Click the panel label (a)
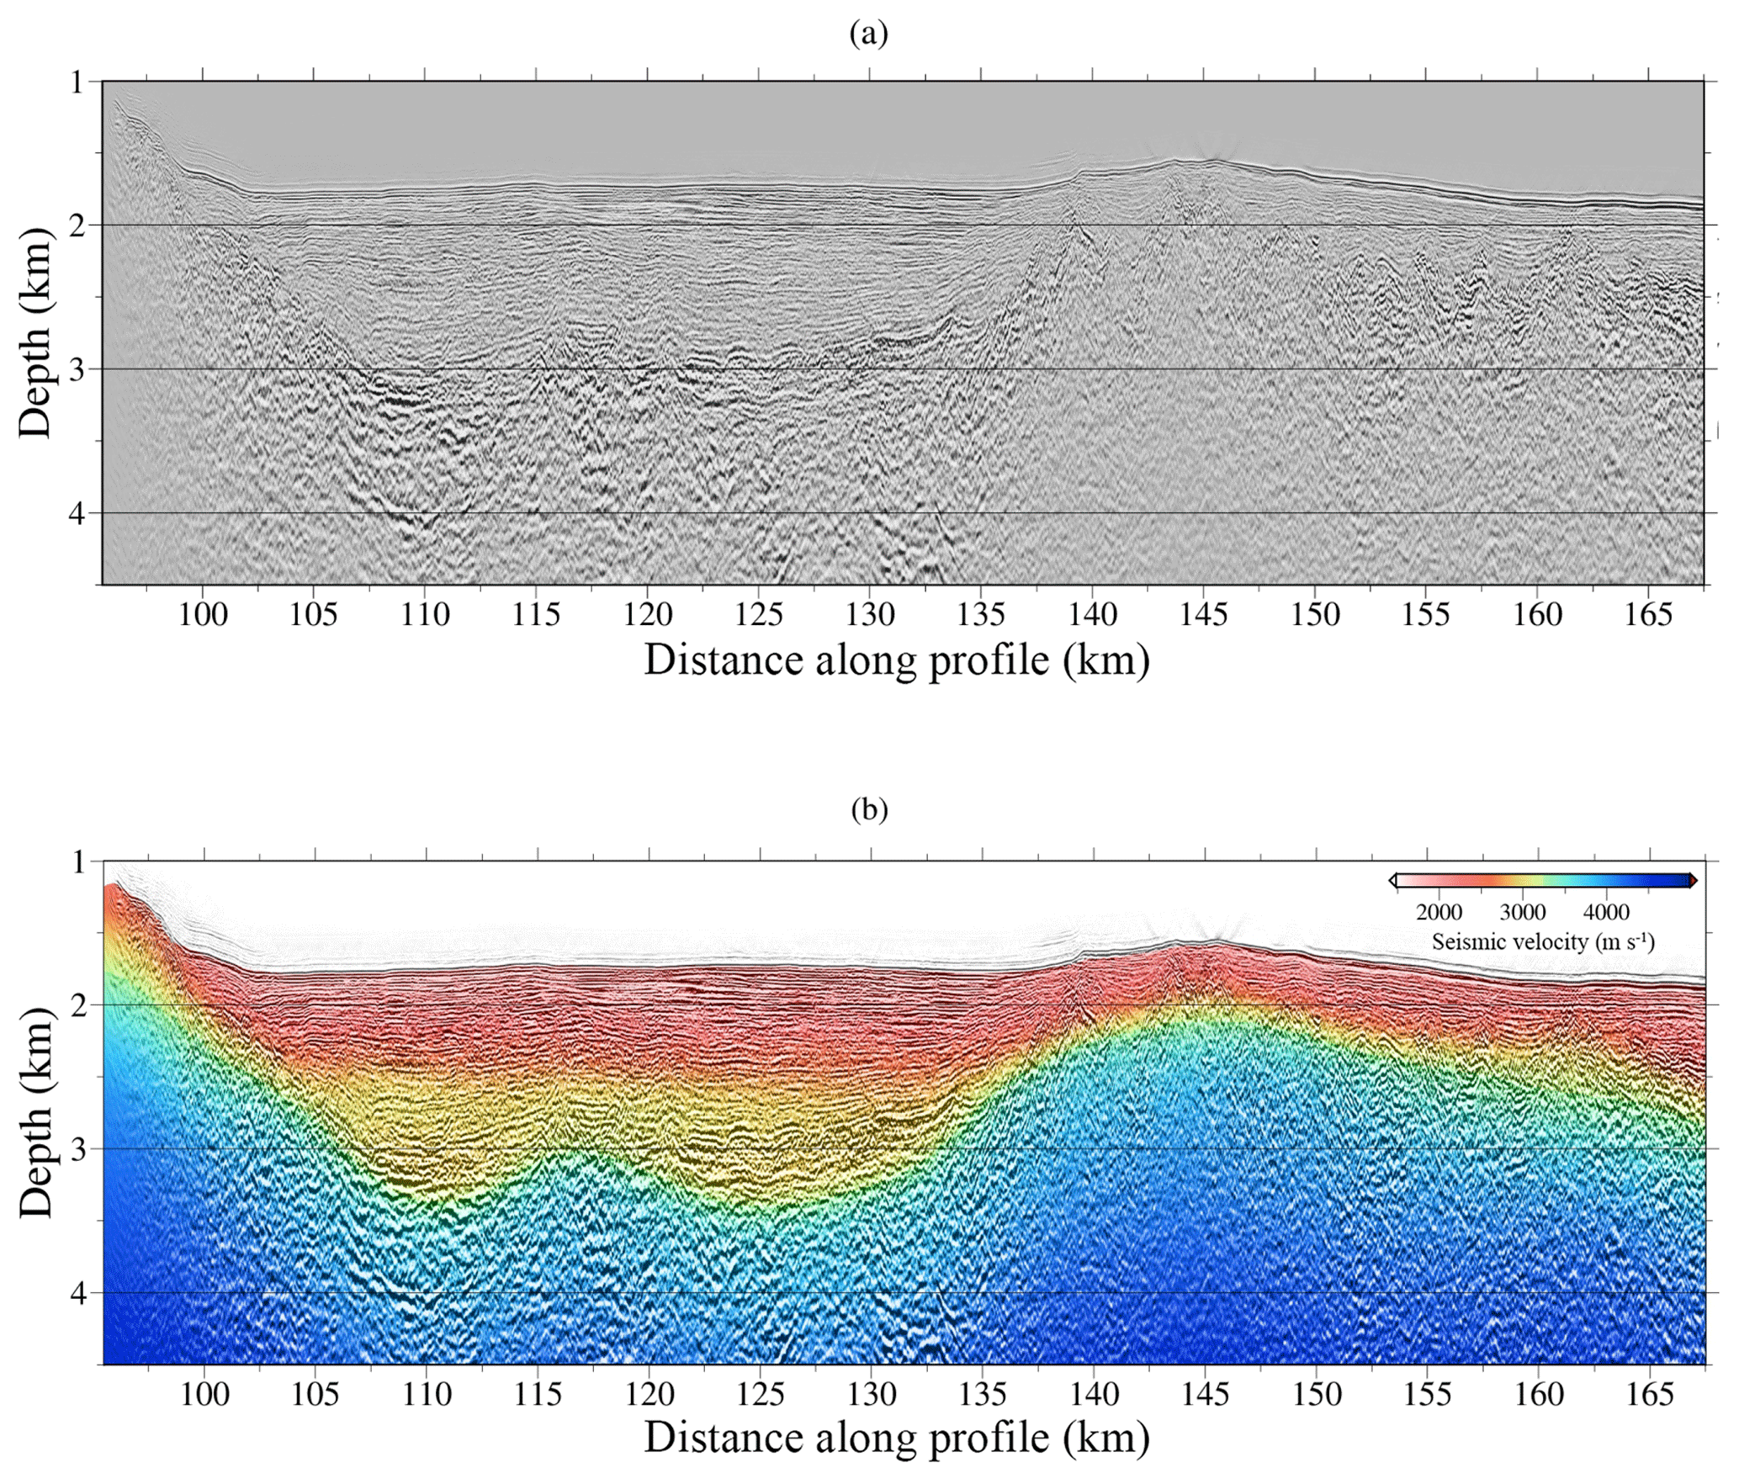pos(869,34)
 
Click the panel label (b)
pos(869,809)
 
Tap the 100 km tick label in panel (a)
pos(203,615)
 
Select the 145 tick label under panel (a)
pos(1203,615)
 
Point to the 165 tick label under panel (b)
pos(1650,1395)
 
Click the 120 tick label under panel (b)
pos(649,1395)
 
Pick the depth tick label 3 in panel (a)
pos(77,369)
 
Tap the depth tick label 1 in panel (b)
pos(77,862)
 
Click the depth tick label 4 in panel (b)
pos(77,1293)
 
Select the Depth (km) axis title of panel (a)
pos(35,332)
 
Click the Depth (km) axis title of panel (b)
pos(35,1112)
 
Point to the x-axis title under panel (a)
pos(897,660)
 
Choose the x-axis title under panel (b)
pos(897,1439)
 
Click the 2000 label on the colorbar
pos(1439,913)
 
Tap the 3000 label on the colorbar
pos(1523,913)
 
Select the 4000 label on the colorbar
pos(1606,913)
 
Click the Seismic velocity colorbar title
pos(1543,941)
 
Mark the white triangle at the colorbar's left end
pos(1393,881)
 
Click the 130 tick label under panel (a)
pos(870,615)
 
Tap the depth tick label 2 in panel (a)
pos(77,225)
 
